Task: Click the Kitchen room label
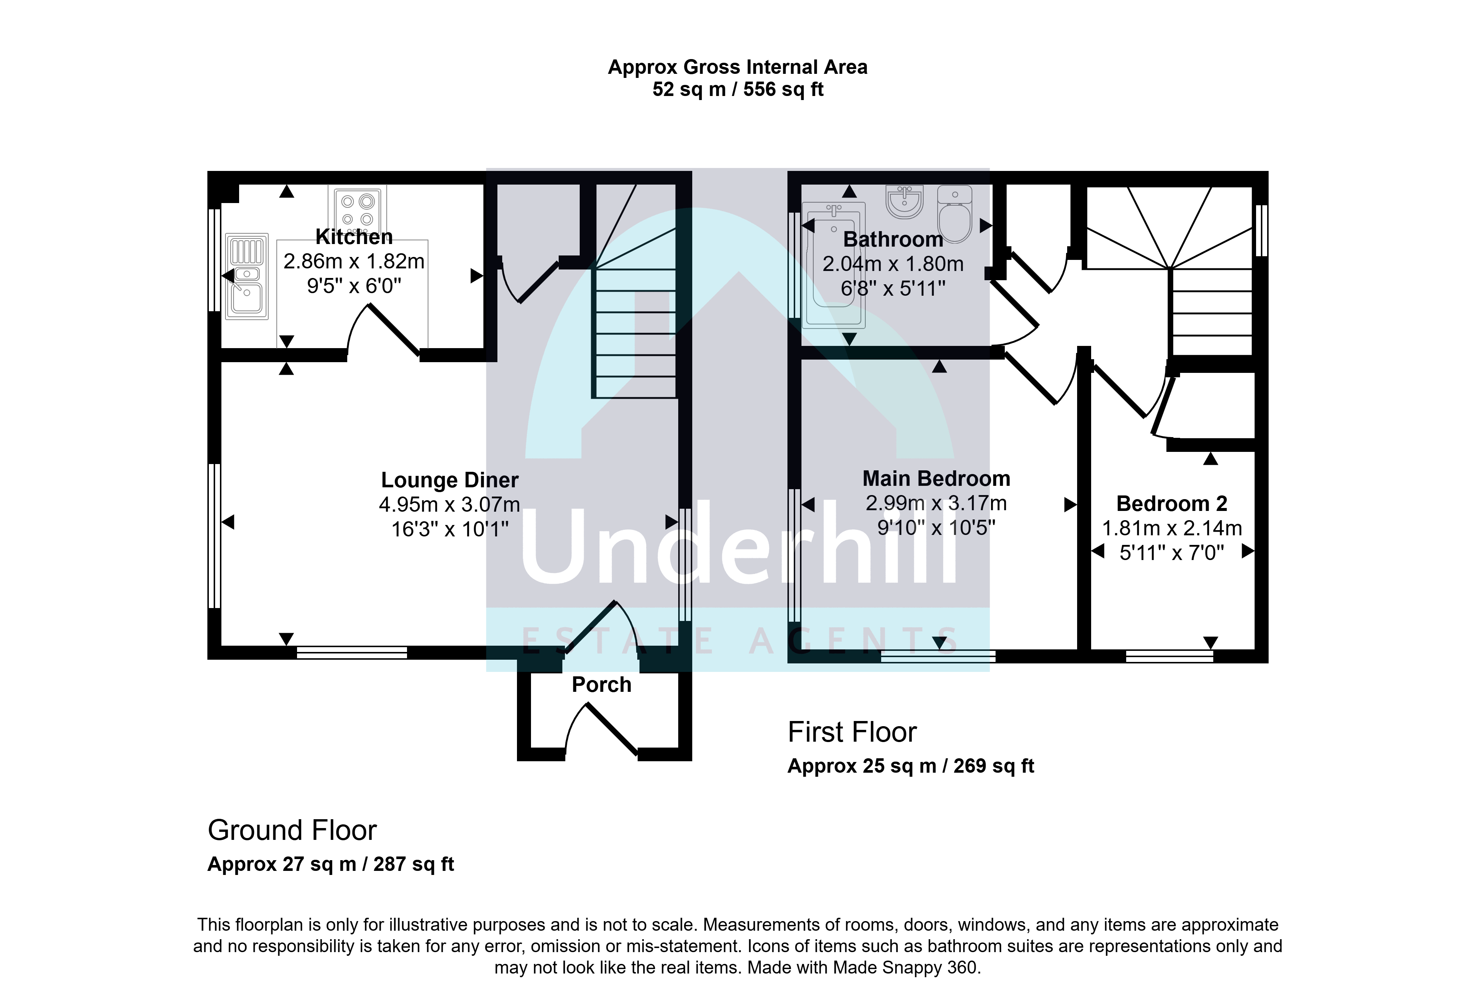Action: coord(354,237)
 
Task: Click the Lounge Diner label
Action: coord(450,480)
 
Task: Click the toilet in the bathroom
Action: coord(955,214)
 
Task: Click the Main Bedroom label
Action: coord(936,478)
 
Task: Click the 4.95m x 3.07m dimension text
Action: coord(450,505)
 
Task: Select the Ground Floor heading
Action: coord(292,830)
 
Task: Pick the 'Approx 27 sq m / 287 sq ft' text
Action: coord(331,864)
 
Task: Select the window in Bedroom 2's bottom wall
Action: coord(1169,656)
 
